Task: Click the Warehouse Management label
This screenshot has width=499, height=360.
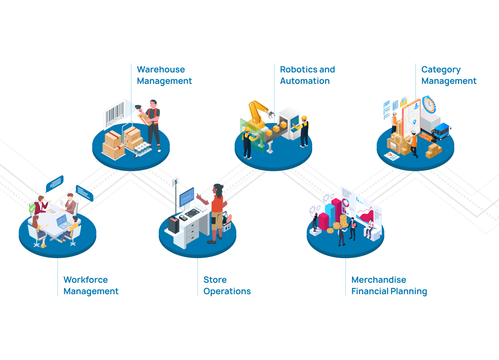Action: tap(164, 75)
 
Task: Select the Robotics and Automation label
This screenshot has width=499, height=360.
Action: tap(307, 75)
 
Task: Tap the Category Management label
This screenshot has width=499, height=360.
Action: tap(448, 75)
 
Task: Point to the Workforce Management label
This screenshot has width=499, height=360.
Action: tap(90, 286)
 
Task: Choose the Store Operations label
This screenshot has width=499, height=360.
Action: tap(227, 286)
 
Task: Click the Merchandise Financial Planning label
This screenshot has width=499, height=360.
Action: tap(389, 286)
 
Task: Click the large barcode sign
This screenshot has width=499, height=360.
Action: tap(115, 114)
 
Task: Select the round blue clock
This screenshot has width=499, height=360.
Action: tap(429, 104)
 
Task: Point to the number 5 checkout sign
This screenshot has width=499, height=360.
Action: tap(176, 182)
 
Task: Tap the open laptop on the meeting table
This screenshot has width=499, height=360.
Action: tap(63, 221)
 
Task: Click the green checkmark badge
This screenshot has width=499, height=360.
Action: tap(32, 208)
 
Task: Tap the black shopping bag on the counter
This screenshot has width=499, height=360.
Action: tap(173, 224)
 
